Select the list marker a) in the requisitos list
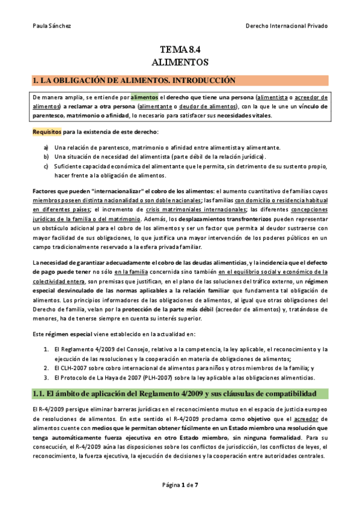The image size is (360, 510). pos(46,147)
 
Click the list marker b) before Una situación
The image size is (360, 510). pos(46,156)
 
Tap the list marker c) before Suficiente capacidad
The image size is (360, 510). pos(46,166)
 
